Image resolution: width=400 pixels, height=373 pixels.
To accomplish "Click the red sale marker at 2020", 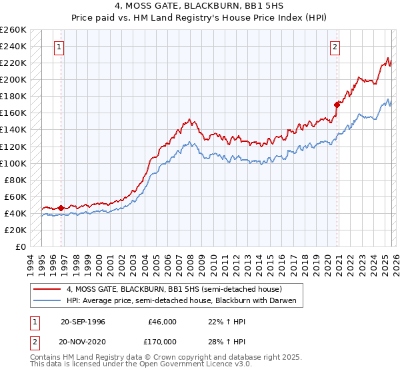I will point(337,104).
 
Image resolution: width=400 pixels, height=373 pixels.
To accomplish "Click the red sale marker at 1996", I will point(61,208).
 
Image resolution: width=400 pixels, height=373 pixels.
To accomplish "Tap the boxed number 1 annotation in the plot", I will point(60,47).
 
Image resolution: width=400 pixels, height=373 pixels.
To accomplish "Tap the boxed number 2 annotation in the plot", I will point(334,47).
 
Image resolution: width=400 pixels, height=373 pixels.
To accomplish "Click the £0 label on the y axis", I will point(20,246).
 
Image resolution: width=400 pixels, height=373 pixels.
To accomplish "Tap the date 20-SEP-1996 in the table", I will point(84,321).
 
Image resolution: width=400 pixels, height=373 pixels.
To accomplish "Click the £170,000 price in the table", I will point(162,341).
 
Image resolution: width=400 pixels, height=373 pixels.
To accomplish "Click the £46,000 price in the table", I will point(162,321).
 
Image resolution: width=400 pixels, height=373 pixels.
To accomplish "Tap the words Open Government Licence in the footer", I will point(177,366).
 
